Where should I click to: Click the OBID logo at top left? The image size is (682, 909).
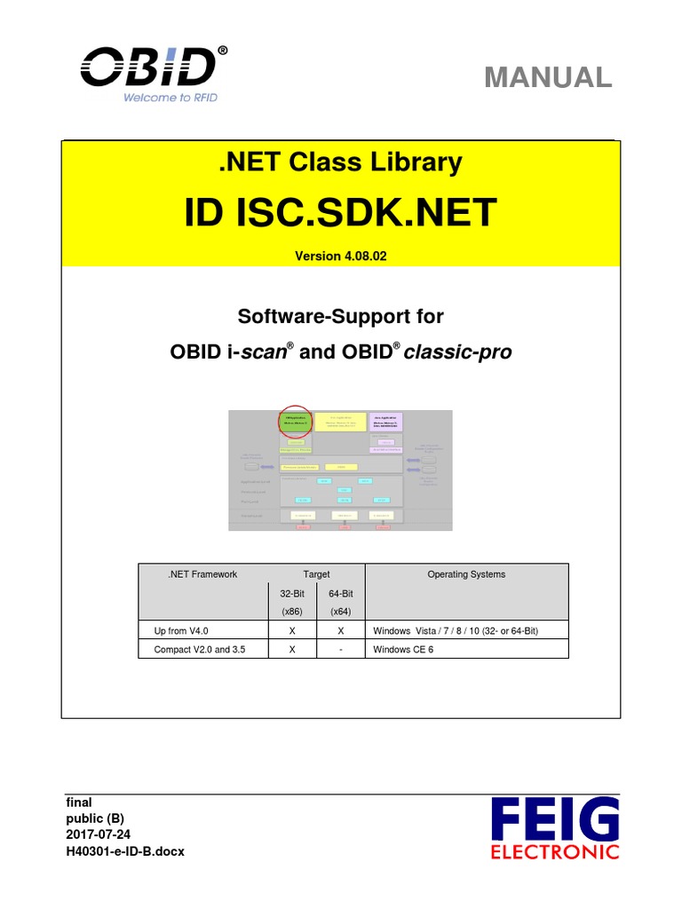pyautogui.click(x=149, y=67)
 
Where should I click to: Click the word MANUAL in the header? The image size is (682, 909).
pyautogui.click(x=548, y=77)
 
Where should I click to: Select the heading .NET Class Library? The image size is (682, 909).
pyautogui.click(x=341, y=162)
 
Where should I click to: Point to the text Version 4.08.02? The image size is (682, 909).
pyautogui.click(x=341, y=256)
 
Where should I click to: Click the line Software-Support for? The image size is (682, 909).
pyautogui.click(x=341, y=316)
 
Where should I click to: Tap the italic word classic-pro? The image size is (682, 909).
pyautogui.click(x=458, y=352)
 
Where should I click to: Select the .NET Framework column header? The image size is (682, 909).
pyautogui.click(x=202, y=574)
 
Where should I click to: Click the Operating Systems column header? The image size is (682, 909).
pyautogui.click(x=466, y=574)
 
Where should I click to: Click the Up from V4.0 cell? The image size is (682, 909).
pyautogui.click(x=177, y=630)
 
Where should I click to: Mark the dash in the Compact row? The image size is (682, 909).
pyautogui.click(x=341, y=649)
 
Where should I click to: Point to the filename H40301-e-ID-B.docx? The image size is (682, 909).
pyautogui.click(x=126, y=851)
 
